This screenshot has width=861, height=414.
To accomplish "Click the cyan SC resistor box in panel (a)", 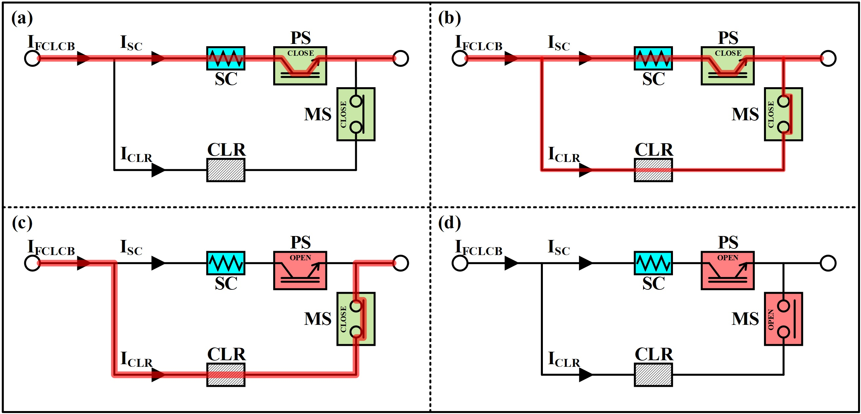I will [226, 58].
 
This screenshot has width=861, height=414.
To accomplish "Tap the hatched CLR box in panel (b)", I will [653, 170].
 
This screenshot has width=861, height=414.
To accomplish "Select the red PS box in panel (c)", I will [300, 270].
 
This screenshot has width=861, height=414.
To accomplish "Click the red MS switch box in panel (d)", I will [783, 319].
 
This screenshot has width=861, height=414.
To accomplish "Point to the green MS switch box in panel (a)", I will [355, 114].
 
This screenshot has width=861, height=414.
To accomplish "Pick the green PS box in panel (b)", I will [727, 66].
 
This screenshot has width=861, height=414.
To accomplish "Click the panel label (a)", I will [22, 18].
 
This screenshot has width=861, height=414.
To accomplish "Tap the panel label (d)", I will [449, 223].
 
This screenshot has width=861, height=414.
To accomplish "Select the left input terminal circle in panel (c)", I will [32, 263].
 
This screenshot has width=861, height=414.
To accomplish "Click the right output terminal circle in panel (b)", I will [828, 58].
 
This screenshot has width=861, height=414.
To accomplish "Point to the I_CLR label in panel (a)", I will [136, 155].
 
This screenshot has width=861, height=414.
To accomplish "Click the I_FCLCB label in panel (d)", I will [479, 248].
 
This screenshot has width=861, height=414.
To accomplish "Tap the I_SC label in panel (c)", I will [131, 247].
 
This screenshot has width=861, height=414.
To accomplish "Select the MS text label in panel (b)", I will [745, 114].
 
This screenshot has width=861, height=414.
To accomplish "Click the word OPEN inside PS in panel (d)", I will [727, 258].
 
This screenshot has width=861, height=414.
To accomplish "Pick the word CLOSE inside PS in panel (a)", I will [300, 53].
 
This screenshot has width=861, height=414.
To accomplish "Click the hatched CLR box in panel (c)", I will [226, 375].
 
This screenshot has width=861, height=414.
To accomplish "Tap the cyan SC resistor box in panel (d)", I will [653, 263].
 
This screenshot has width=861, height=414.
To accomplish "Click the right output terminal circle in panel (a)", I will [400, 58].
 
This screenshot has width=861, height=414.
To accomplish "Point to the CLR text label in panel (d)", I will [654, 354].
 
